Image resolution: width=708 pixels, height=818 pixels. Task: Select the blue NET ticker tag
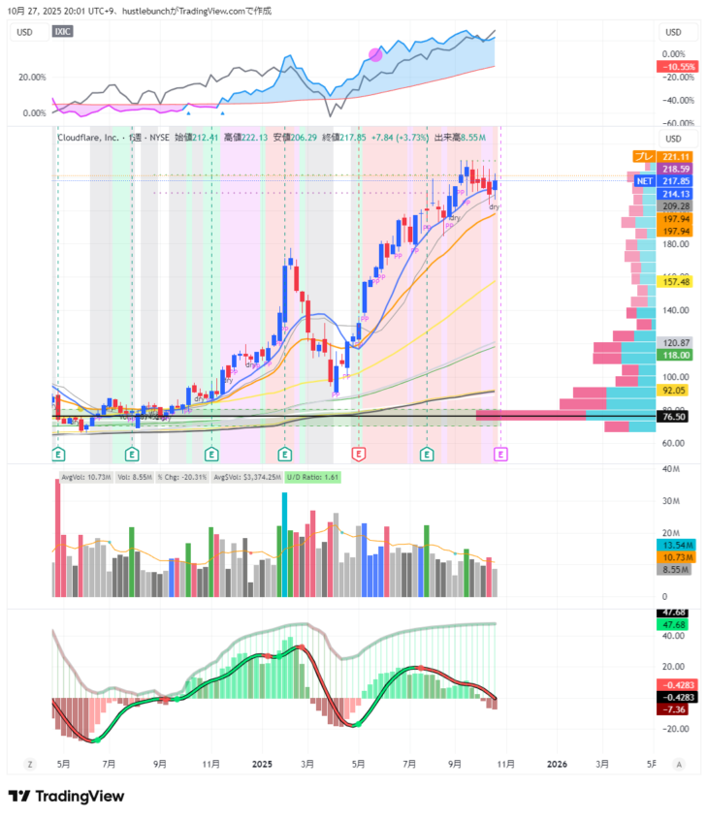(644, 181)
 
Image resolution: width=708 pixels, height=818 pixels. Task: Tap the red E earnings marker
(358, 454)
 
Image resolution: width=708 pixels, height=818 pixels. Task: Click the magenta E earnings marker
(500, 454)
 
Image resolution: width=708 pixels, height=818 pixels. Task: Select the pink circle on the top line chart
(375, 54)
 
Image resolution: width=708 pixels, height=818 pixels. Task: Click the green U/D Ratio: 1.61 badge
(311, 477)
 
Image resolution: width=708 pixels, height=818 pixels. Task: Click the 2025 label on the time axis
(262, 764)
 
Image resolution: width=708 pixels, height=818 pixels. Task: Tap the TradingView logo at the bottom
(66, 796)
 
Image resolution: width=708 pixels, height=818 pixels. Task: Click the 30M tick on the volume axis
(669, 501)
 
